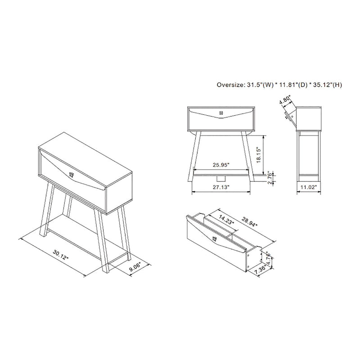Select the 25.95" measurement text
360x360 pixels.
click(x=220, y=166)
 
